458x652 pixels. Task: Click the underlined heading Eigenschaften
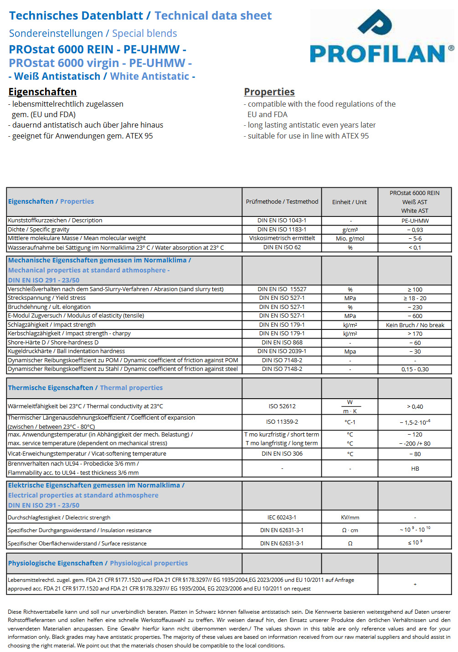click(x=42, y=92)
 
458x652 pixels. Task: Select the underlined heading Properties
click(x=269, y=92)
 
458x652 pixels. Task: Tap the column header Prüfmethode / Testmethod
click(x=282, y=202)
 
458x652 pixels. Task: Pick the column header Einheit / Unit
click(x=350, y=202)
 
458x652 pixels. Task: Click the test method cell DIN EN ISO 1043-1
click(x=282, y=221)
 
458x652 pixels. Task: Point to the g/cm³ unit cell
click(x=350, y=230)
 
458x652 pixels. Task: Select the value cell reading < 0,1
click(x=415, y=248)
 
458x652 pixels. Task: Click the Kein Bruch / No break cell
click(x=415, y=325)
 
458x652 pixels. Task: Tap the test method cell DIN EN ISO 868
click(x=282, y=343)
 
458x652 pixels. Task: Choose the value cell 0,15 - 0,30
click(x=415, y=370)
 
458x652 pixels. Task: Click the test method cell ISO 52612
click(x=282, y=406)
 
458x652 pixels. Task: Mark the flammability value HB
click(x=415, y=469)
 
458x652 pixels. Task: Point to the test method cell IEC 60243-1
click(x=282, y=518)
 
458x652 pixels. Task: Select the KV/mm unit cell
click(x=350, y=518)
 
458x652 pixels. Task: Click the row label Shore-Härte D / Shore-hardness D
click(x=53, y=343)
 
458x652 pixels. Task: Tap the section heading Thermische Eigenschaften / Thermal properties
click(x=85, y=388)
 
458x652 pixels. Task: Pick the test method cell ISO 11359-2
click(x=282, y=422)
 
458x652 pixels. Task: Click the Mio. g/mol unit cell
click(x=350, y=239)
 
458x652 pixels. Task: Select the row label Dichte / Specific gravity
click(x=39, y=230)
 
